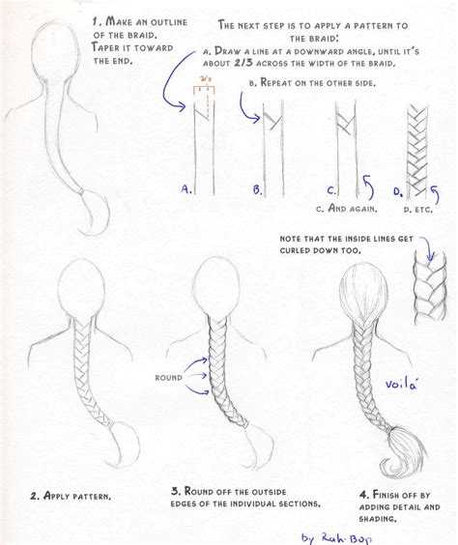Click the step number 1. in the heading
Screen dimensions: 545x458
point(96,20)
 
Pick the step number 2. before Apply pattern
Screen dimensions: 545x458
point(34,496)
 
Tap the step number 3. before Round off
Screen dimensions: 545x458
point(175,491)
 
